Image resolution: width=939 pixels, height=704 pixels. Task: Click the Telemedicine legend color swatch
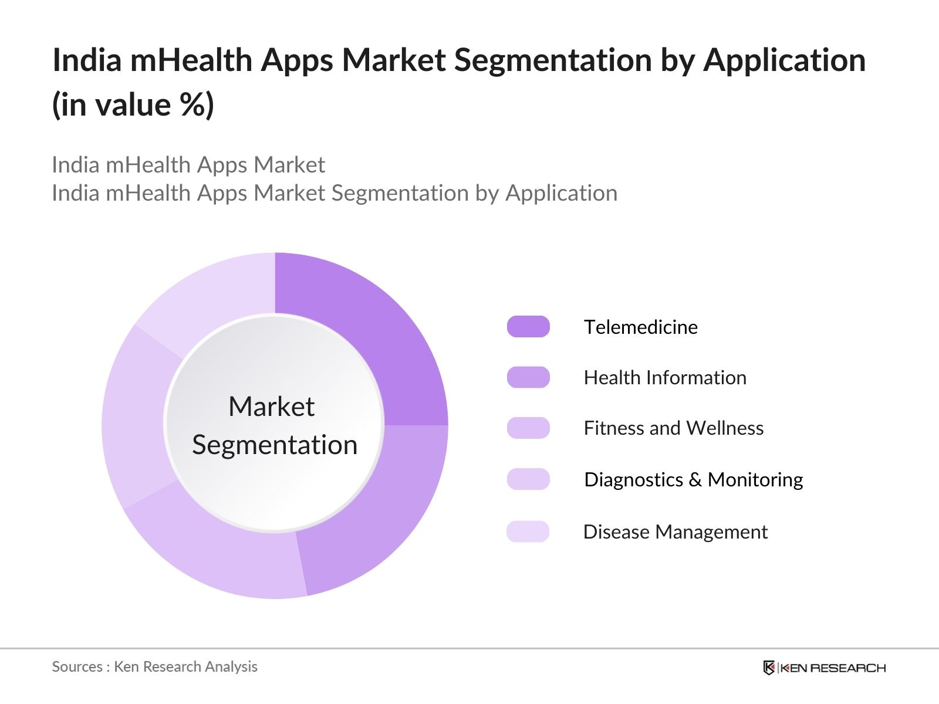528,327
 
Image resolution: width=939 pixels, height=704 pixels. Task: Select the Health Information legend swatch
528,377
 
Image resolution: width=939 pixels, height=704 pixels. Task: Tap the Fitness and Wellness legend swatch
528,428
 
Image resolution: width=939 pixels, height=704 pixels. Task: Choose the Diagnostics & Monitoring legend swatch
528,479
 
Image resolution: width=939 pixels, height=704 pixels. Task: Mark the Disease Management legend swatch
528,532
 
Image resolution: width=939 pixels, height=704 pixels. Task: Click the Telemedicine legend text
640,327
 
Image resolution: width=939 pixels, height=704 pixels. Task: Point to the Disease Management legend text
675,532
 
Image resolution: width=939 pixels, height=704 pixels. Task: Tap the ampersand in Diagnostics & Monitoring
695,480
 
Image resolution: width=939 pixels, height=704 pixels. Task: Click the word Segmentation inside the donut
275,445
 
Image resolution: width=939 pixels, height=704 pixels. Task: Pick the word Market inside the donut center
271,407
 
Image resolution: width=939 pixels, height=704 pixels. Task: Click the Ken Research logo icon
769,668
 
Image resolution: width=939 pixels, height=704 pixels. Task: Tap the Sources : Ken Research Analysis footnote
154,666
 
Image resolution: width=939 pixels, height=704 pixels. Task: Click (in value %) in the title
133,105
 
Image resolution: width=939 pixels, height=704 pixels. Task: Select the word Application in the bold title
784,60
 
